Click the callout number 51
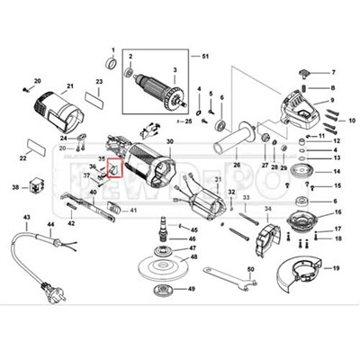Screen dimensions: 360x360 [205, 57]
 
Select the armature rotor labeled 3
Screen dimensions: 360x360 [166, 92]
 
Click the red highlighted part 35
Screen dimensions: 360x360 [113, 167]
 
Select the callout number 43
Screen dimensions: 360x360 [26, 219]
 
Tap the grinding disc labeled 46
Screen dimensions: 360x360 [163, 268]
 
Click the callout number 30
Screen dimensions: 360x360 [170, 140]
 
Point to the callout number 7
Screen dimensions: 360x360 [333, 71]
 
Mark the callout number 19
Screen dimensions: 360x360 [337, 268]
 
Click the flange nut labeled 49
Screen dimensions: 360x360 [165, 290]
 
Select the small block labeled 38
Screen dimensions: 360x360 [36, 187]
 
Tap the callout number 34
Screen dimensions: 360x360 [265, 209]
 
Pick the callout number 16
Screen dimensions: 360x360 [337, 213]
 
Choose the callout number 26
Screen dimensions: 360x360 [236, 166]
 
